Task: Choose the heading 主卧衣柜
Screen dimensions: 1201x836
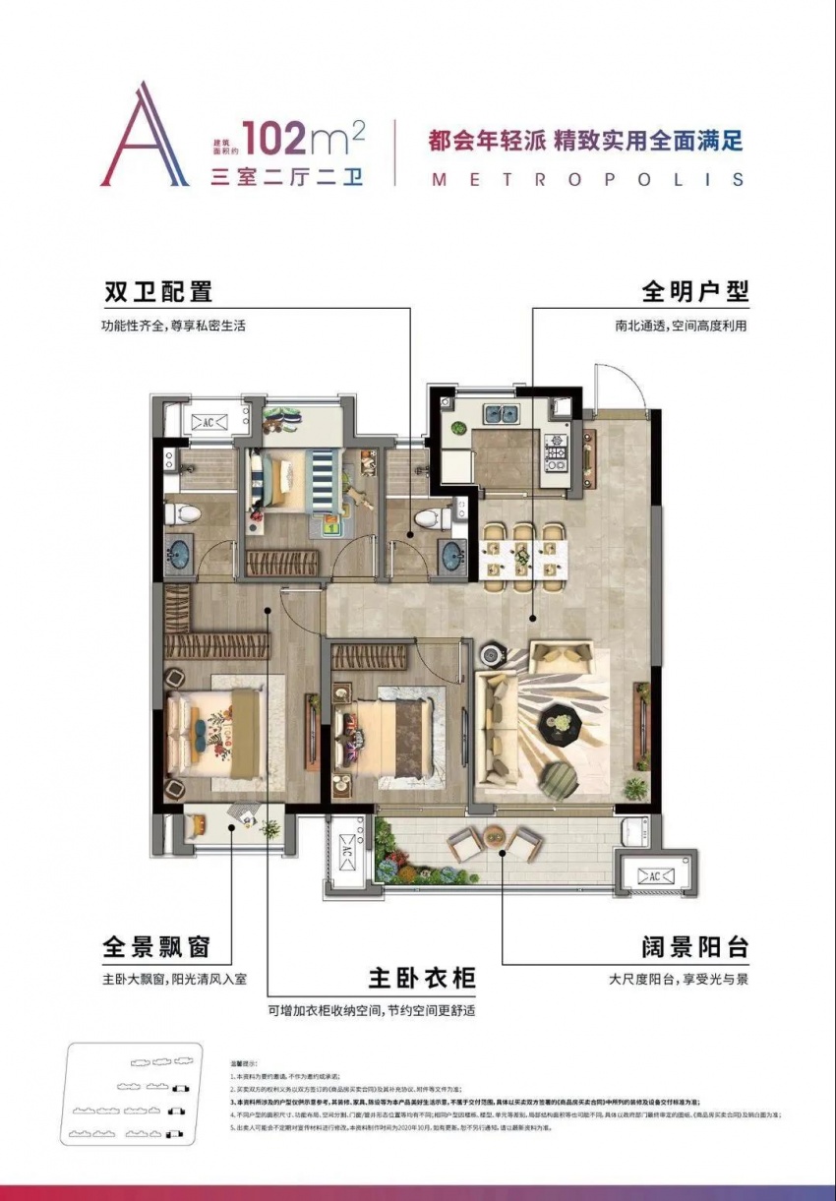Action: tap(422, 978)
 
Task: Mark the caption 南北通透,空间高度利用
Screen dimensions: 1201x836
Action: tap(678, 325)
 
